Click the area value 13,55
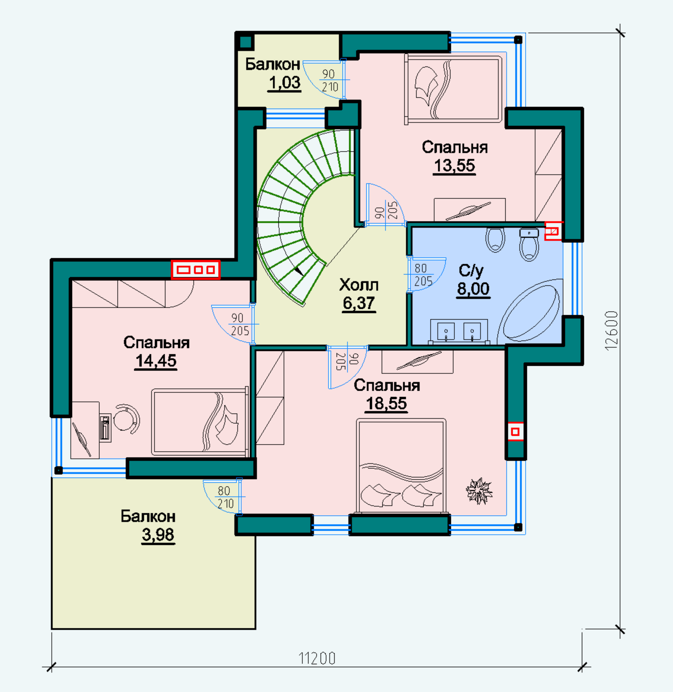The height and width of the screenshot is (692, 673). pos(454,166)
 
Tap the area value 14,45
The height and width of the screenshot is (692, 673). pos(156,361)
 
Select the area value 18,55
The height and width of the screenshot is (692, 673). pos(386,404)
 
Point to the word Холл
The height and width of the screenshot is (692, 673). pos(359,285)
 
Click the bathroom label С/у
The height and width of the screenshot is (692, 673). pos(471,271)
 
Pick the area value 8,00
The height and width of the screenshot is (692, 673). pos(473,289)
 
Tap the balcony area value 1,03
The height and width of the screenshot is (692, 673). pos(285,83)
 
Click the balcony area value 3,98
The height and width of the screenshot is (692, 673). pos(158,535)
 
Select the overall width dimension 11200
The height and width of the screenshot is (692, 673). pos(317,658)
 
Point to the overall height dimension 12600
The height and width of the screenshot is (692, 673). pos(612,330)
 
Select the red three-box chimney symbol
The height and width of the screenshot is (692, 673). pos(196,270)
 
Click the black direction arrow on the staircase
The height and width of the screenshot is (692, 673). pos(298,271)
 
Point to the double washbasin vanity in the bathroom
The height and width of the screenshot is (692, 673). pos(459,331)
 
